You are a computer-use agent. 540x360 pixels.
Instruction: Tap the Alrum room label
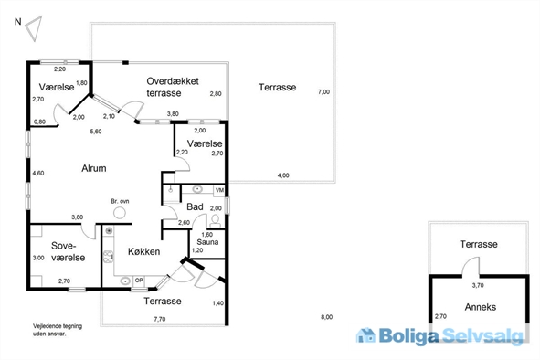94,168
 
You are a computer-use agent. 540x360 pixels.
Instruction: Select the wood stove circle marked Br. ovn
120,213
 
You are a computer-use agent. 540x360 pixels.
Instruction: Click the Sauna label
207,242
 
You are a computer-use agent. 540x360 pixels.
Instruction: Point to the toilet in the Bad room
216,221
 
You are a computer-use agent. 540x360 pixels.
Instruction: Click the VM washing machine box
219,190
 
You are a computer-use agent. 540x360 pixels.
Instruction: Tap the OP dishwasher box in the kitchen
139,281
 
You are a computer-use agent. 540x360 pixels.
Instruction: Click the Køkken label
144,251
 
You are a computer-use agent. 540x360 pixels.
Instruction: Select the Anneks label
481,307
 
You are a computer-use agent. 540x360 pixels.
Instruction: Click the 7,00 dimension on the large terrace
323,92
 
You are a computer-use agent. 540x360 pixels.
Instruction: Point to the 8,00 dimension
327,317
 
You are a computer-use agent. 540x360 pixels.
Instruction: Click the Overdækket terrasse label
173,87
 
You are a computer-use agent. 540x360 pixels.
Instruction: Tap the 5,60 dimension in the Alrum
96,132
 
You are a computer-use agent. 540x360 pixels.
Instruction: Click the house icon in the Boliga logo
365,335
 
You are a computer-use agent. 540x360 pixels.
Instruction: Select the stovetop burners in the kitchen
108,257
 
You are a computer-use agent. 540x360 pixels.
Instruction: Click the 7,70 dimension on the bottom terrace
160,320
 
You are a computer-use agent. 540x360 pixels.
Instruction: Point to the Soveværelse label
69,252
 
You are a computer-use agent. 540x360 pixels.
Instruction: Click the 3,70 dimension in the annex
478,285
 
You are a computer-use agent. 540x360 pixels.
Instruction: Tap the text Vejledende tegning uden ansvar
58,330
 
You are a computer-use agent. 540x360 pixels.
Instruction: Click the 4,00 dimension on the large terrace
283,175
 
